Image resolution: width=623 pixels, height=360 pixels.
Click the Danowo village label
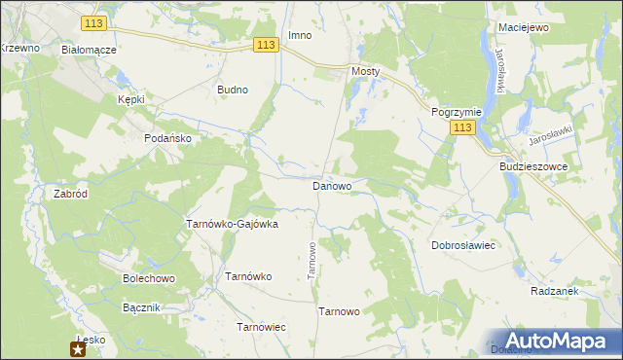click(332, 185)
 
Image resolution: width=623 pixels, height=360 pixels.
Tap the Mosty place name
click(365, 72)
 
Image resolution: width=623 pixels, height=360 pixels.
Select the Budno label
click(233, 90)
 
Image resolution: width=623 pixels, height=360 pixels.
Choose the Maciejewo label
click(523, 27)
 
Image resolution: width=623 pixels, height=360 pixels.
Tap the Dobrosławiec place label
click(464, 246)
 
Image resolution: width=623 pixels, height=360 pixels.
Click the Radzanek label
click(556, 291)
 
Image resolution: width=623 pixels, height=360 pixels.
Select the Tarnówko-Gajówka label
click(232, 224)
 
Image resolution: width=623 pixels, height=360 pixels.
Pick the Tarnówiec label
click(261, 327)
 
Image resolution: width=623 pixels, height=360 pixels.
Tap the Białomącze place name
click(89, 49)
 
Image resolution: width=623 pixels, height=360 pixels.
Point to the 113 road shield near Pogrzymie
click(463, 128)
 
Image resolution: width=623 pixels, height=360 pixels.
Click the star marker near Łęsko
click(78, 349)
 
